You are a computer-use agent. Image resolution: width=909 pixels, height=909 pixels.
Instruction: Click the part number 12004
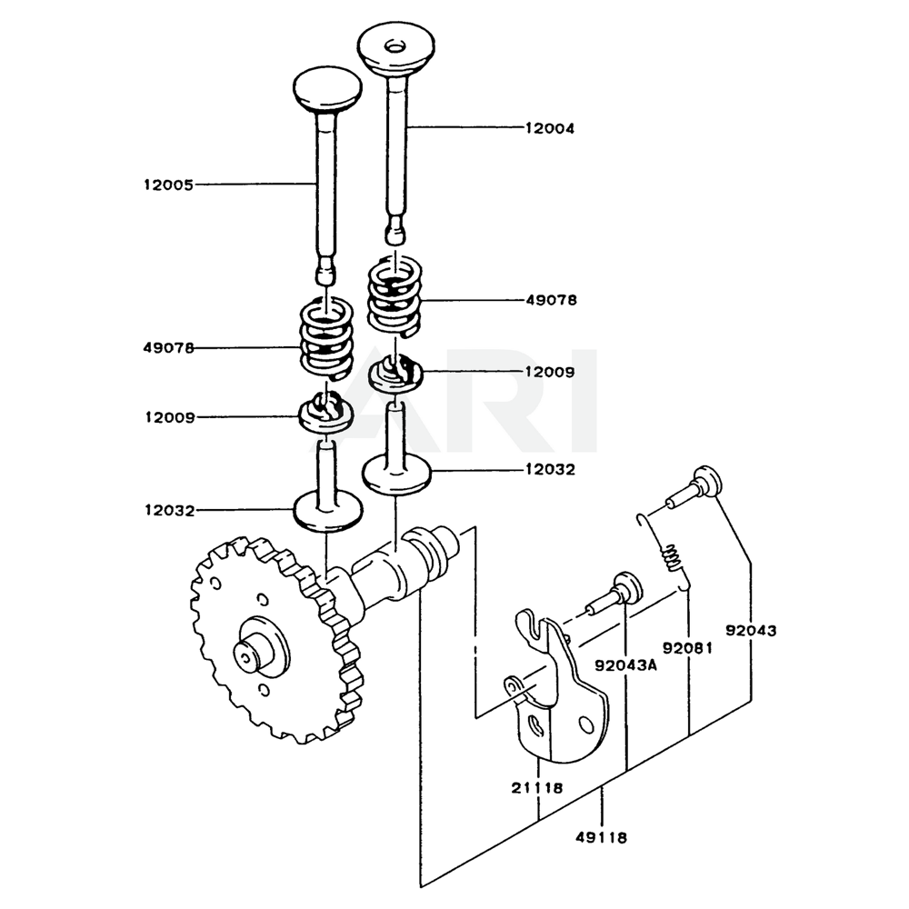tap(549, 129)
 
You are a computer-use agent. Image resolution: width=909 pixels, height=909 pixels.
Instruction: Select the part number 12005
tap(168, 185)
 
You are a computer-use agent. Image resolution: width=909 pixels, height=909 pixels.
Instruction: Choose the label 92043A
tap(625, 664)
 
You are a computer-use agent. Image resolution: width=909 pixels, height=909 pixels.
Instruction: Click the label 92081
tap(686, 648)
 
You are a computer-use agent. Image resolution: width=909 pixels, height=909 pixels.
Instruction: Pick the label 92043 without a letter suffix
tap(750, 630)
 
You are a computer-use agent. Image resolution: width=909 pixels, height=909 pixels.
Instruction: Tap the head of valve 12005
tap(327, 89)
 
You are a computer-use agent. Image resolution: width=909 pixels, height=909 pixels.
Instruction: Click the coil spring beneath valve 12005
tap(326, 339)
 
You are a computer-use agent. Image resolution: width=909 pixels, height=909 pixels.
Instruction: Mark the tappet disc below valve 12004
tap(395, 473)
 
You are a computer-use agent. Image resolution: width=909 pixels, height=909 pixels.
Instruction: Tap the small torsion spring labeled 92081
tap(671, 556)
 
